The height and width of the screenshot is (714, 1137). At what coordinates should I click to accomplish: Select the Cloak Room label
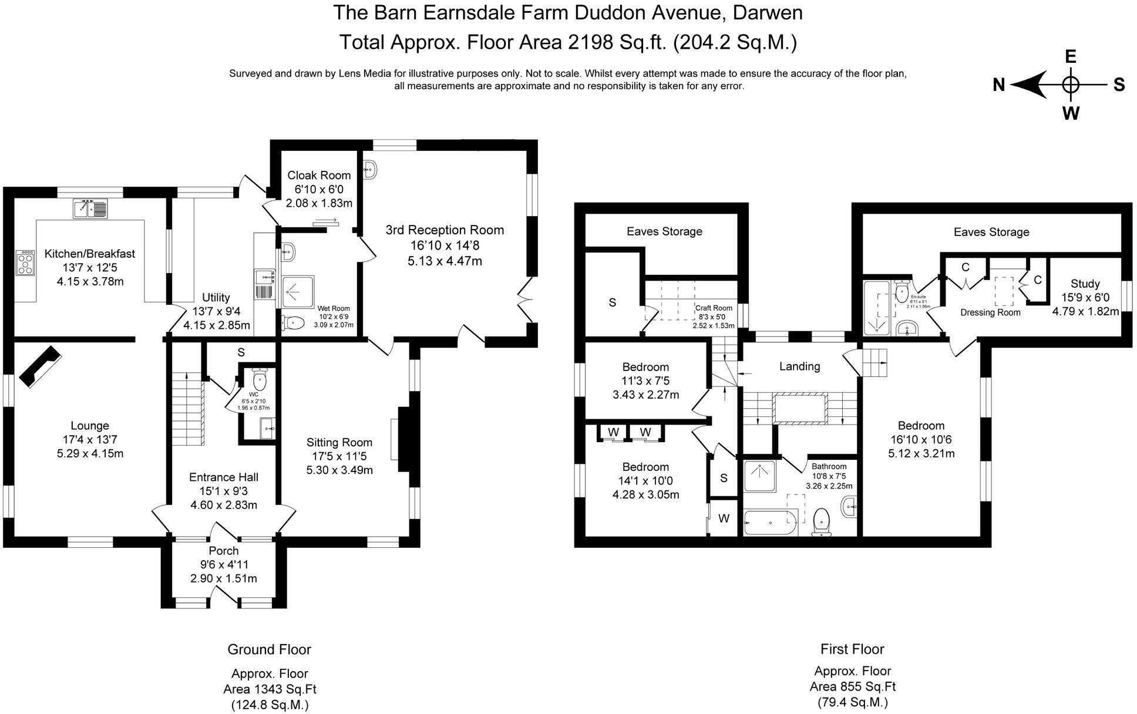[x=319, y=175]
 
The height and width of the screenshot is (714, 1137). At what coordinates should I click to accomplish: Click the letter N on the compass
[x=999, y=85]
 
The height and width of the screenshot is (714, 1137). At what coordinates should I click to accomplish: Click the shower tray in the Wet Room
[x=298, y=292]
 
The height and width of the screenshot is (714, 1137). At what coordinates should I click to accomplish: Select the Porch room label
[x=224, y=551]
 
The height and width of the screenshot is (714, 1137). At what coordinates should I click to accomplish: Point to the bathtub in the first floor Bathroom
[x=769, y=521]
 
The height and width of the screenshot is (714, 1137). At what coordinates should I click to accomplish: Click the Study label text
[x=1085, y=284]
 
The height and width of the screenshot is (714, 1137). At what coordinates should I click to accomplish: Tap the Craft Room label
[x=714, y=308]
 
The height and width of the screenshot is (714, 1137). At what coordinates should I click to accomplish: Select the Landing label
[x=799, y=366]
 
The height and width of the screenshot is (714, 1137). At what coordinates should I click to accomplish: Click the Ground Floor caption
[x=269, y=649]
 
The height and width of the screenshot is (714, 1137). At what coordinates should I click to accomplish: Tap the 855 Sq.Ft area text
[x=853, y=686]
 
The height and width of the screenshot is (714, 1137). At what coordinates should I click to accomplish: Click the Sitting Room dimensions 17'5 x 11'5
[x=339, y=456]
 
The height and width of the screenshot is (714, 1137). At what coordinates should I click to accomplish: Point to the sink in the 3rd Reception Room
[x=371, y=170]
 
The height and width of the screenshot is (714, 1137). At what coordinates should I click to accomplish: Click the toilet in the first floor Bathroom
[x=822, y=521]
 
